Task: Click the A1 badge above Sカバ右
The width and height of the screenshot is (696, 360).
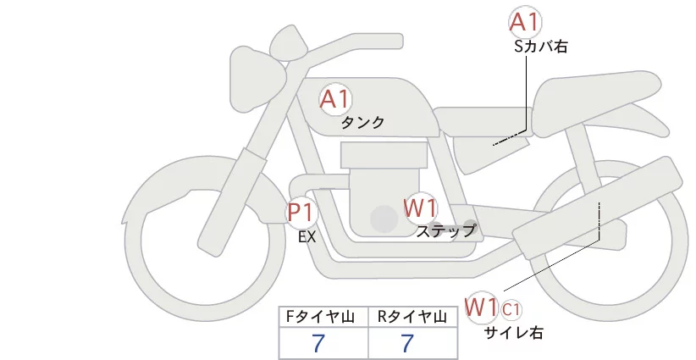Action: [524, 22]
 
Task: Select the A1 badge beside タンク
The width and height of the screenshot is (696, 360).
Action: [335, 99]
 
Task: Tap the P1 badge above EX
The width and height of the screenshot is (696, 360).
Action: [301, 212]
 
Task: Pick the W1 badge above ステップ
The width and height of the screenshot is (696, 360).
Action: [419, 207]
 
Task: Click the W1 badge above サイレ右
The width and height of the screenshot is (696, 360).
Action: [481, 306]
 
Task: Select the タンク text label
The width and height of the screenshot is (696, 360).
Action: [363, 123]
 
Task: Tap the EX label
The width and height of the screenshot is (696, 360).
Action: [307, 237]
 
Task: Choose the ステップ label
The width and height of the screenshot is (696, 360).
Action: [446, 230]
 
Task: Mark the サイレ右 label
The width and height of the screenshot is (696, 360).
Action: [513, 333]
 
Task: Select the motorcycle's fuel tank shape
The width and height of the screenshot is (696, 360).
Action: [373, 110]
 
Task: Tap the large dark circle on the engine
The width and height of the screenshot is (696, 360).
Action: [384, 220]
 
